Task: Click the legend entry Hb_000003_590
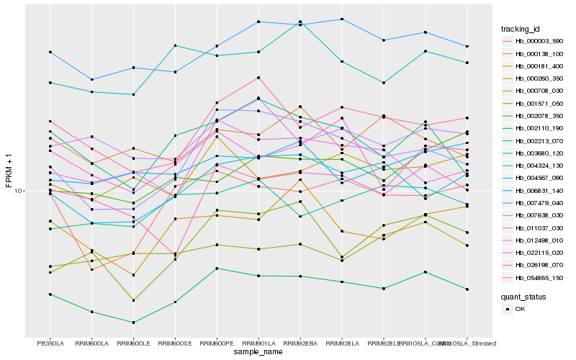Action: pyautogui.click(x=539, y=41)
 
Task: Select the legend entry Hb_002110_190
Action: pyautogui.click(x=539, y=128)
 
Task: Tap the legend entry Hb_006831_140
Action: pyautogui.click(x=539, y=190)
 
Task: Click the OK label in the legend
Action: pyautogui.click(x=521, y=309)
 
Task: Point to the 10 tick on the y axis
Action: pyautogui.click(x=20, y=191)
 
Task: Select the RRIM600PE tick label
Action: pyautogui.click(x=217, y=343)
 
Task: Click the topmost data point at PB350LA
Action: pyautogui.click(x=50, y=52)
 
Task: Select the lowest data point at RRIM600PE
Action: pyautogui.click(x=217, y=269)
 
